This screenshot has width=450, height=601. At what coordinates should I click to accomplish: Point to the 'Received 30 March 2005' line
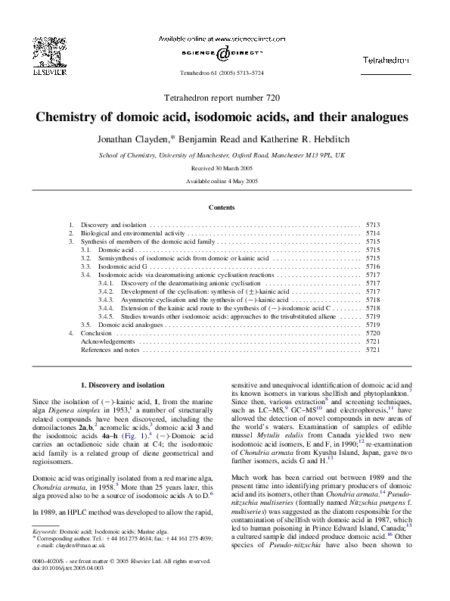[x=224, y=168]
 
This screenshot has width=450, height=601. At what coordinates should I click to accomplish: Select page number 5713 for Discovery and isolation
[x=373, y=226]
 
